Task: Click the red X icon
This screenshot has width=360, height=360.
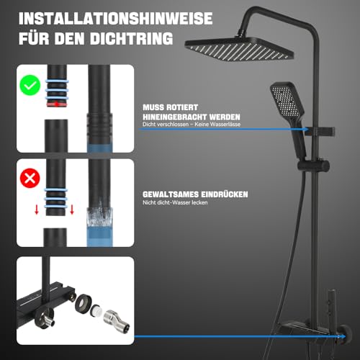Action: coord(29,178)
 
